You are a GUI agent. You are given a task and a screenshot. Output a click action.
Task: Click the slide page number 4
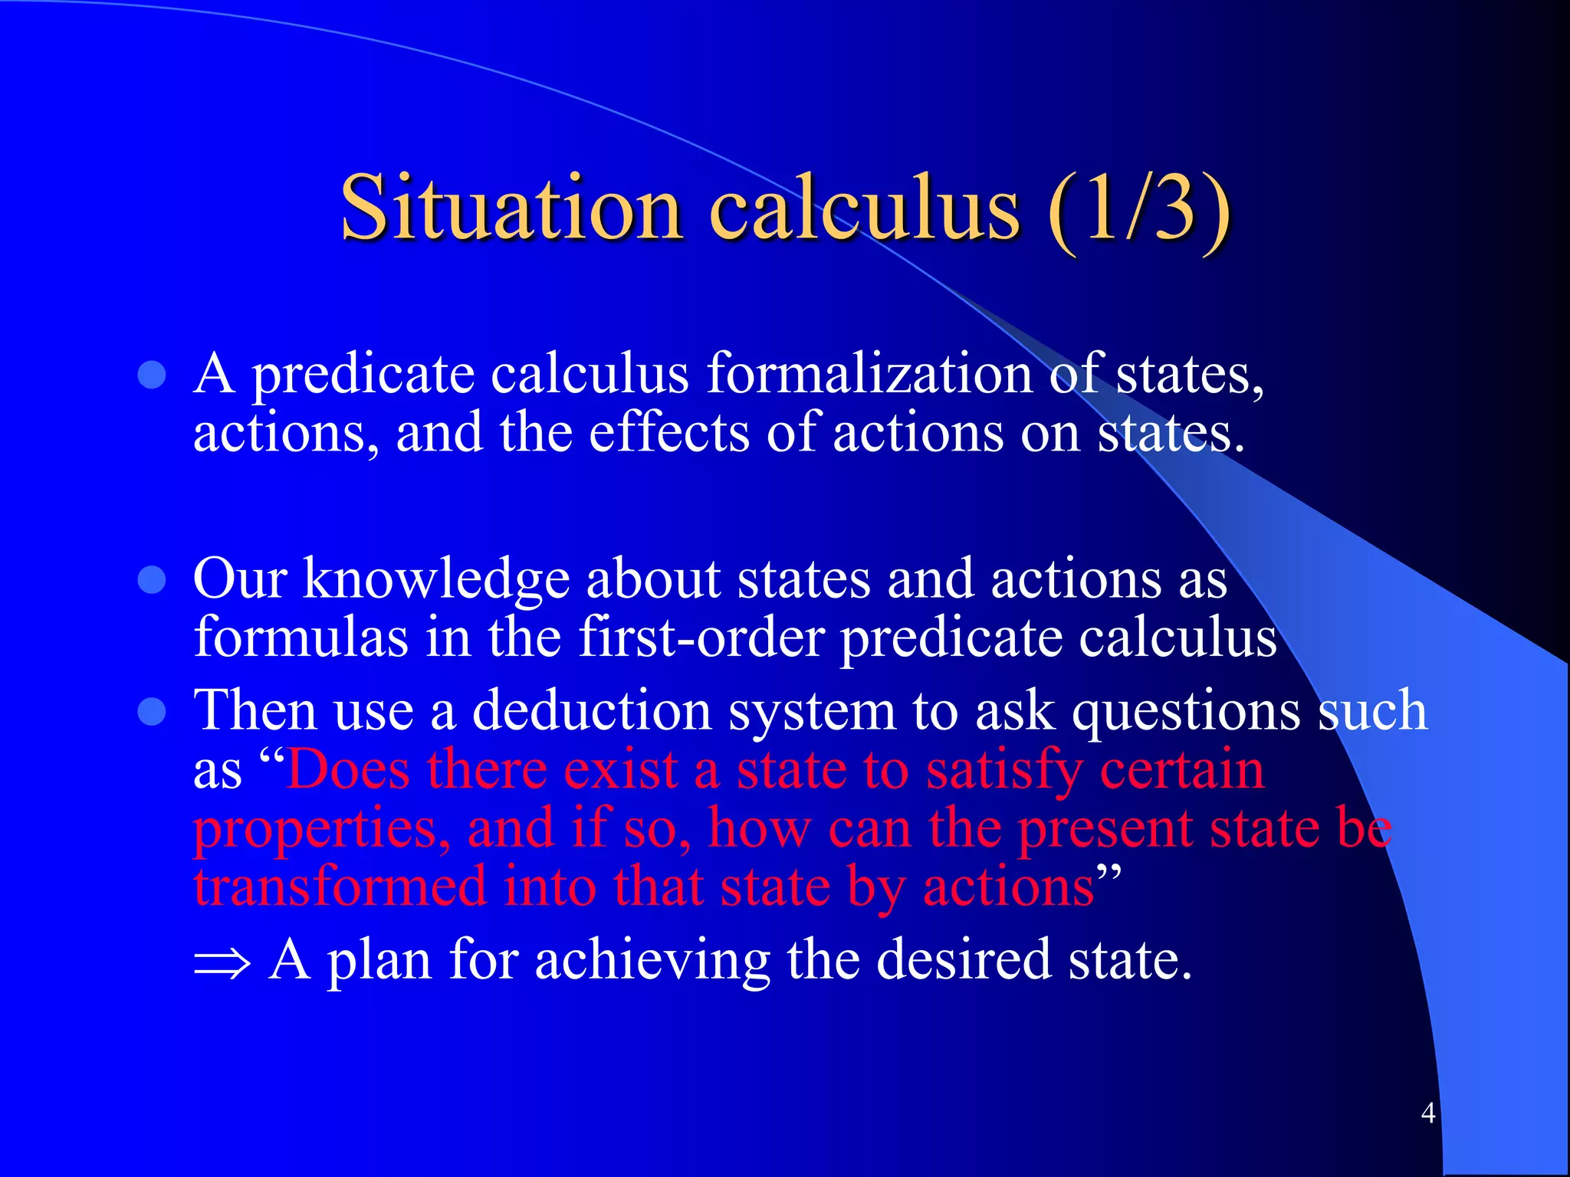[x=1427, y=1112]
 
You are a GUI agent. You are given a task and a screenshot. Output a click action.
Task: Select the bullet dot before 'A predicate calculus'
[x=152, y=375]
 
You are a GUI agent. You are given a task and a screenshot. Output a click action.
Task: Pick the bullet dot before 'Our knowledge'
[x=152, y=580]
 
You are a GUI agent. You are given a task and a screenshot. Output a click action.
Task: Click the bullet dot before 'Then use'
[x=152, y=712]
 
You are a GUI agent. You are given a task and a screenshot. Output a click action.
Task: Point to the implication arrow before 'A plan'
[x=222, y=962]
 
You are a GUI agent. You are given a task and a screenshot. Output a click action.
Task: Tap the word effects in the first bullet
[x=668, y=433]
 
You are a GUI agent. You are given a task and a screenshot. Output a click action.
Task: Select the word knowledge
[x=436, y=580]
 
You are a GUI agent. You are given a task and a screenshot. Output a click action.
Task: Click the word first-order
[x=701, y=638]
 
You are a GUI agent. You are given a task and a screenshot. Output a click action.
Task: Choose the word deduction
[x=591, y=711]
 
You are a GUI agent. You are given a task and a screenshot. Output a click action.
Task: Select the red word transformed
[x=340, y=887]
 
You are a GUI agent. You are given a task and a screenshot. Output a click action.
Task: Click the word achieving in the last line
[x=652, y=961]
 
